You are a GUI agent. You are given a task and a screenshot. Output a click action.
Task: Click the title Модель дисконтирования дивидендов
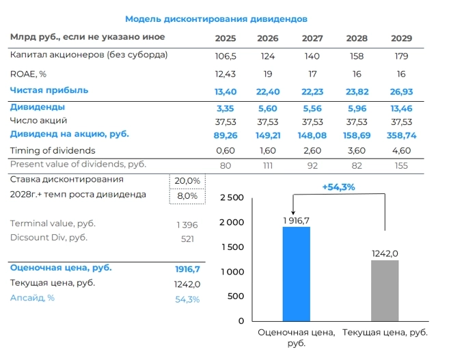(x=216, y=19)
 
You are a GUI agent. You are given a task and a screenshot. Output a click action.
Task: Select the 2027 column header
(x=312, y=38)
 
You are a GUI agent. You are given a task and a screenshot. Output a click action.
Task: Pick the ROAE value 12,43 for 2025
(x=225, y=74)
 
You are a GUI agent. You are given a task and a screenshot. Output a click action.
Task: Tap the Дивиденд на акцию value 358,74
(x=401, y=136)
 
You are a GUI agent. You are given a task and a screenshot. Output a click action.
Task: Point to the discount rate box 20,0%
(x=187, y=181)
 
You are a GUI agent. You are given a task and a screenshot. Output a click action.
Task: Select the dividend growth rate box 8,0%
(x=187, y=196)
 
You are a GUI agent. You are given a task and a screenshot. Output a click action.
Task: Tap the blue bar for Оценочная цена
(x=296, y=273)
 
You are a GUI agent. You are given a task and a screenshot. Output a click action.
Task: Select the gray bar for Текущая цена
(x=385, y=290)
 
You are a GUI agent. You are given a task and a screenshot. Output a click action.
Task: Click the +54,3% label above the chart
(x=338, y=186)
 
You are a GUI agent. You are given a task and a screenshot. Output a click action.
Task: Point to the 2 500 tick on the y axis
(x=232, y=198)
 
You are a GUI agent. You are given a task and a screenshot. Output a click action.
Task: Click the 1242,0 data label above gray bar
(x=385, y=253)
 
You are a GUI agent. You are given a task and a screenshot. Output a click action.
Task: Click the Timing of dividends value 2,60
(x=312, y=150)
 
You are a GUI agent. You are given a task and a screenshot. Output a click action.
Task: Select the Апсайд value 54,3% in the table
(x=187, y=299)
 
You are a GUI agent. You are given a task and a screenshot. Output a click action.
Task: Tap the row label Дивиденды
(x=38, y=107)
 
